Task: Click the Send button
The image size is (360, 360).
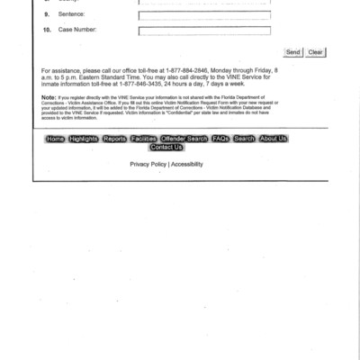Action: (293, 52)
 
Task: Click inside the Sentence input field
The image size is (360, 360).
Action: (204, 15)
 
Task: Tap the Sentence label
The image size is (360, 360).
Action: (71, 15)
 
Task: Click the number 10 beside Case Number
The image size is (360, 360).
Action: (47, 30)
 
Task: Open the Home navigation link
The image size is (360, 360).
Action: (55, 139)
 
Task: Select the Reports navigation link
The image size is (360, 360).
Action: (114, 139)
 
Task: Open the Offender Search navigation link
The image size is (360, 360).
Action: (184, 139)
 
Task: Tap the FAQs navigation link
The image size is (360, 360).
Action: (220, 139)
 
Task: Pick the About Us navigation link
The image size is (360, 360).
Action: (273, 139)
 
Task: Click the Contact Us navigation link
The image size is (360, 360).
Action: (166, 148)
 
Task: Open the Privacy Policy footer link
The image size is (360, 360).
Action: (148, 165)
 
